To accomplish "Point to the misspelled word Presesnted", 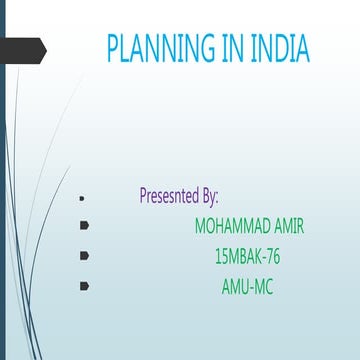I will click(x=171, y=195).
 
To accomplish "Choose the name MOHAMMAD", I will click(x=234, y=226).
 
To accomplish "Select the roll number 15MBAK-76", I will click(x=247, y=257).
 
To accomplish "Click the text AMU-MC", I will click(x=247, y=288).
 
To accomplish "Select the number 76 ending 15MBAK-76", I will click(x=271, y=257).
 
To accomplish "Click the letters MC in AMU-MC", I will click(x=263, y=288).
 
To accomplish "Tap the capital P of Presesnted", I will click(x=145, y=195).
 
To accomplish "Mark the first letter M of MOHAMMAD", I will click(x=202, y=226).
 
